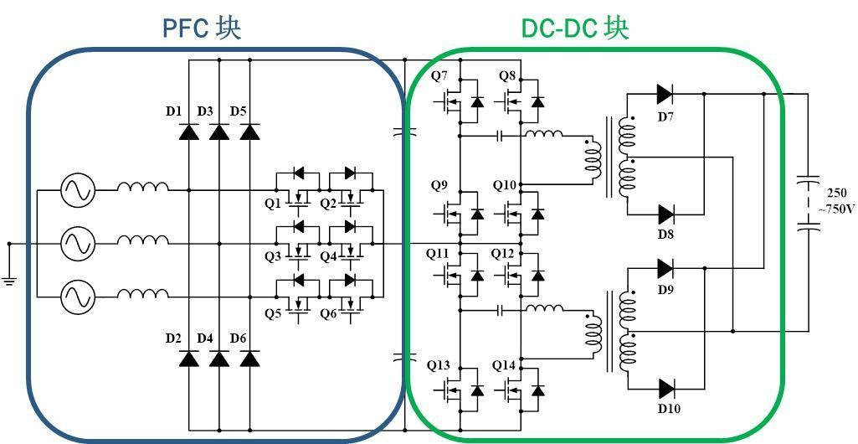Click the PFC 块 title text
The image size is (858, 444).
tap(202, 28)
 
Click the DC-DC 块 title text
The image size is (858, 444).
tap(574, 28)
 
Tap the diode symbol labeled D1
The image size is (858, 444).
tap(189, 132)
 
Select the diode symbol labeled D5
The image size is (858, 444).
tap(249, 132)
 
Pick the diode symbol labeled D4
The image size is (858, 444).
tap(219, 359)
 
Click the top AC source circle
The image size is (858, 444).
tap(77, 190)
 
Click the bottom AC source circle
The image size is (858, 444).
tap(77, 295)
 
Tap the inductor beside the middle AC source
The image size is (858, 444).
tap(142, 243)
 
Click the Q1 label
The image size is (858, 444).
tap(274, 204)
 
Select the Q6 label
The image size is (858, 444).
tap(328, 313)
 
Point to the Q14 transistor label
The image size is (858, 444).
tap(504, 365)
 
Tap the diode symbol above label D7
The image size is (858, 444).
tap(665, 94)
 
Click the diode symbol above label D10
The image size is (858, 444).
tap(666, 388)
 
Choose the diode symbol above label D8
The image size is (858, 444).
tap(666, 214)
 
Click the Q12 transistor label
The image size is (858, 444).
tap(503, 253)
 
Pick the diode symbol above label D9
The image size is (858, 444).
tap(665, 268)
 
